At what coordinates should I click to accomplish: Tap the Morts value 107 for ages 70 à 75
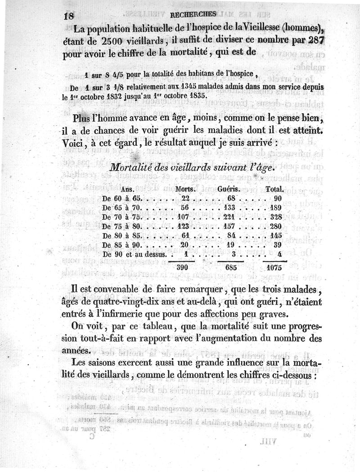pyautogui.click(x=184, y=217)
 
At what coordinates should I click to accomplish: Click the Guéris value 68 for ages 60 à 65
pyautogui.click(x=232, y=198)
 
